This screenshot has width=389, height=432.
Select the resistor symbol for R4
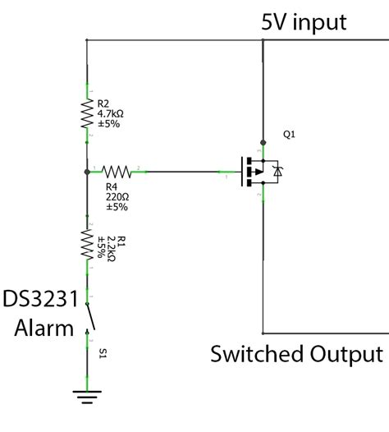(117, 172)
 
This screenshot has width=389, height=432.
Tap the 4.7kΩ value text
(111, 114)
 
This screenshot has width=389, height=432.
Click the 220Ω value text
(117, 197)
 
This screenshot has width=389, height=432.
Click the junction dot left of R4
(86, 172)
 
